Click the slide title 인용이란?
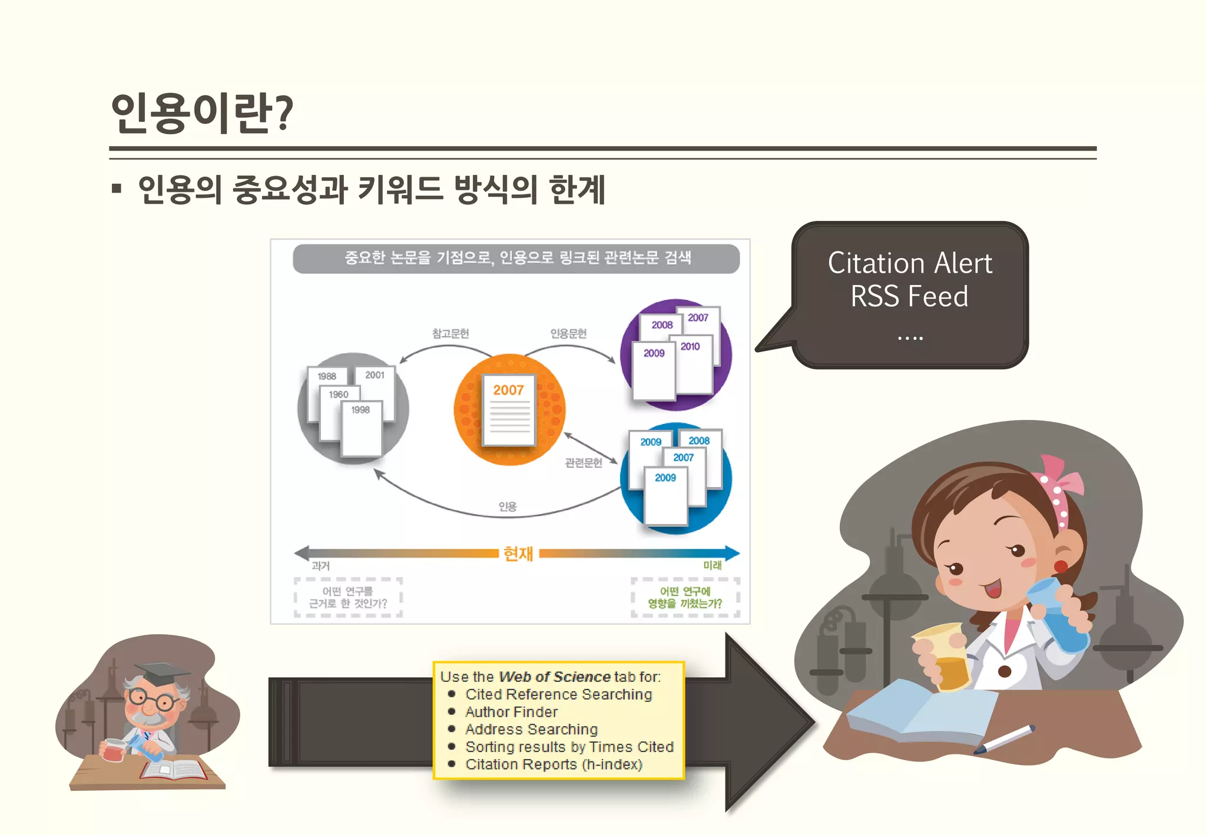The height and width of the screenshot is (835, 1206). pos(201,113)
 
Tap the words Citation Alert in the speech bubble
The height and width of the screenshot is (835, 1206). pos(909,263)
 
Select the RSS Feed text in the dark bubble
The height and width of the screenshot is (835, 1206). pos(909,296)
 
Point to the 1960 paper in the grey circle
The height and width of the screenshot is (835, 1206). pos(339,395)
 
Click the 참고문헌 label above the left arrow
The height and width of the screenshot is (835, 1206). pos(450,334)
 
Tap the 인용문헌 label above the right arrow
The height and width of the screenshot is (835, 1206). pos(568,334)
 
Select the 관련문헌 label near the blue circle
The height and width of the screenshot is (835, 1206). pos(584,463)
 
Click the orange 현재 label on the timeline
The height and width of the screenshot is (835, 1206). pos(518,554)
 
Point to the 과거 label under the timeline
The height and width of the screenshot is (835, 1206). pos(320,566)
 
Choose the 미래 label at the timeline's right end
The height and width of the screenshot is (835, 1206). pos(712,565)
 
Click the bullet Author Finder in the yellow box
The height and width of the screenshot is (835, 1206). pos(511,712)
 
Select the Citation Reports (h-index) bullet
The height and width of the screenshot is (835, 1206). pos(554,764)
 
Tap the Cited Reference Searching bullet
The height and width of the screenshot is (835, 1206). pos(558,694)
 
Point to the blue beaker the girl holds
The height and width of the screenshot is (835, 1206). pos(1057,612)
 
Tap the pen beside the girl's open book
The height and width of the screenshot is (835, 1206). pos(1005,739)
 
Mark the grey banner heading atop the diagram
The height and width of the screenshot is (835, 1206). pos(516,259)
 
